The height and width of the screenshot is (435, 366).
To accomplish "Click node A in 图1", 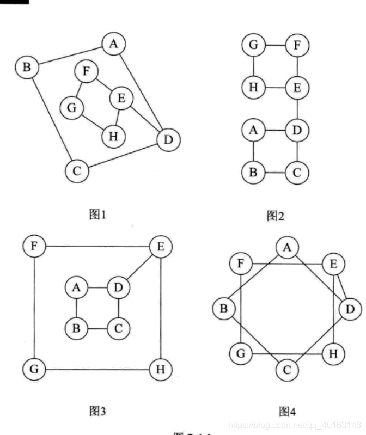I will coord(113,44).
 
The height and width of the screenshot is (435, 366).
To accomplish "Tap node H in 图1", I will coord(113,136).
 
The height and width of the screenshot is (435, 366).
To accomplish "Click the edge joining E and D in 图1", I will coord(143,120).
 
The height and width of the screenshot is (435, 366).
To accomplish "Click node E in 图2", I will coord(297,87).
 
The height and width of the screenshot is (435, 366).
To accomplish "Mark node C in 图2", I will coord(297,173).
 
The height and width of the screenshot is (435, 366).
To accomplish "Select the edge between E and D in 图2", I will coord(297,109).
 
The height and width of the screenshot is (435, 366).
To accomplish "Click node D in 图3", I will coord(118,287).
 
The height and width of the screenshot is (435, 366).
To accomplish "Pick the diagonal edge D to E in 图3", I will coord(139,267).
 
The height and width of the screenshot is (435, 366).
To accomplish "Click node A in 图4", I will coord(286,248).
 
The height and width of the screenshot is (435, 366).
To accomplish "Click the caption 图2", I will coord(276,216).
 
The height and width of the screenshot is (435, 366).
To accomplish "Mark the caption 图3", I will coord(97,411).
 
